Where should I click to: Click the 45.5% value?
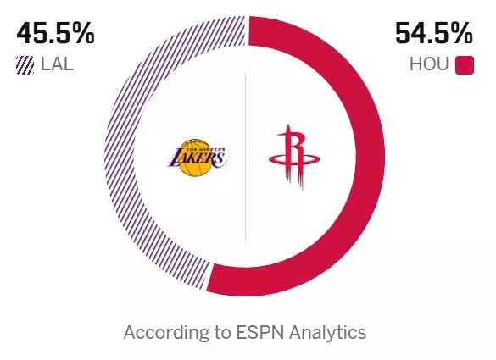point(55,34)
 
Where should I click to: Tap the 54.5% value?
point(433,34)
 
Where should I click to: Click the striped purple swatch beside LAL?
point(25,64)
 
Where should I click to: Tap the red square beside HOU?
point(465,64)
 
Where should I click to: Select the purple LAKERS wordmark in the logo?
point(197,158)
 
